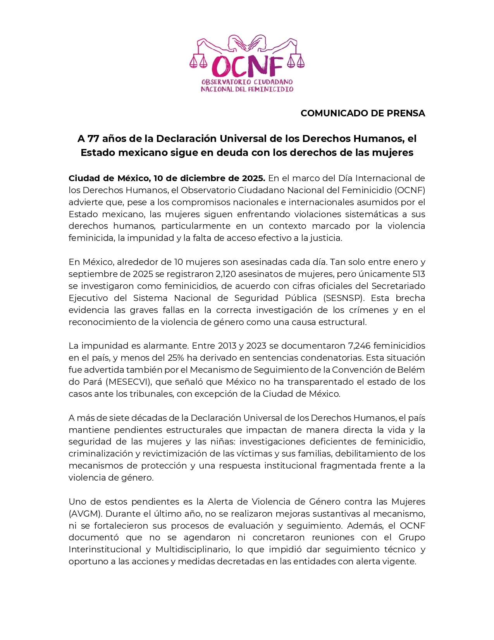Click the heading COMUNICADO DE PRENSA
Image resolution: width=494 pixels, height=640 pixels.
point(363,113)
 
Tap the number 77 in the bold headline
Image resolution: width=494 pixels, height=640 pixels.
point(93,138)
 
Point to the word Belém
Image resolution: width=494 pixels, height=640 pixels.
point(412,370)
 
